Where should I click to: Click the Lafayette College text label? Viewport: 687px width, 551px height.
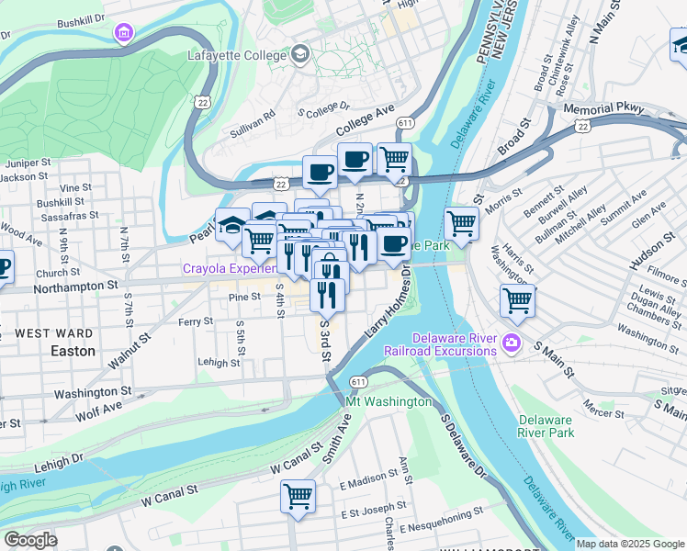(x=239, y=56)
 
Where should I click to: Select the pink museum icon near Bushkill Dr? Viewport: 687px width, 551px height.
(x=122, y=34)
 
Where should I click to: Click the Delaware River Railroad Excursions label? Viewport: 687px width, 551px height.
(x=455, y=345)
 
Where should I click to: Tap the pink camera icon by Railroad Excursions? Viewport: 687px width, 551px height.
(x=512, y=345)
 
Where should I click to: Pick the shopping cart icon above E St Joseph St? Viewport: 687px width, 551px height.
(x=298, y=496)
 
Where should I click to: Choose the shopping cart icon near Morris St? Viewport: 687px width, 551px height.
(x=461, y=222)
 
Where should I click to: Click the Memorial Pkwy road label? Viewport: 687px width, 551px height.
(x=607, y=108)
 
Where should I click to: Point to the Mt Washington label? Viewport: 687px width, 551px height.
(x=389, y=401)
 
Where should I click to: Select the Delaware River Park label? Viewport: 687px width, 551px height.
(x=545, y=426)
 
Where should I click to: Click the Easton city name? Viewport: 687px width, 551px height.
(x=73, y=351)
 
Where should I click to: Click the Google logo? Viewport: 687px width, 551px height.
(x=30, y=540)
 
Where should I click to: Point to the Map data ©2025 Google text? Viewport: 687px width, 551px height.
(x=630, y=544)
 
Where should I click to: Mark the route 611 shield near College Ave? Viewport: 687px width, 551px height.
(x=405, y=121)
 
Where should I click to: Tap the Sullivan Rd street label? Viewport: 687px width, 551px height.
(x=253, y=124)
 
